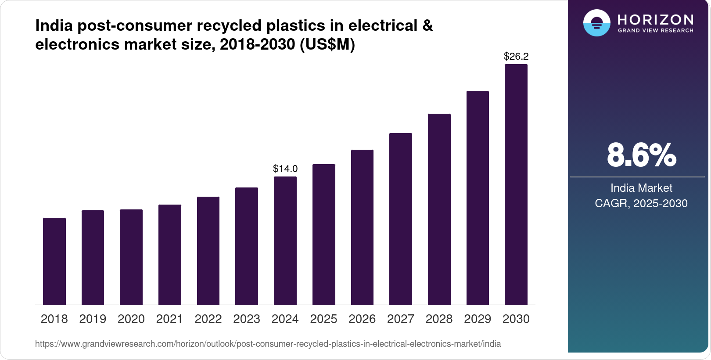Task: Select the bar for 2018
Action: tap(54, 261)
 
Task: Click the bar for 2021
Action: tap(170, 255)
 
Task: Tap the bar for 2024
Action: tap(285, 241)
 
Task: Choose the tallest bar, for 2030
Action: tap(516, 184)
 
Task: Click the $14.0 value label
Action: tap(285, 169)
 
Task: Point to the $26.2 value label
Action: tap(516, 56)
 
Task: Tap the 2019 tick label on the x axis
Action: tap(93, 319)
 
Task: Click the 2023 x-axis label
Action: tap(247, 319)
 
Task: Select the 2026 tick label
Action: tap(362, 319)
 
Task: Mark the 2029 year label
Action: tap(478, 319)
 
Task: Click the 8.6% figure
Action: tap(641, 155)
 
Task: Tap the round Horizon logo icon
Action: tap(596, 23)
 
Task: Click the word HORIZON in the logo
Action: tap(656, 19)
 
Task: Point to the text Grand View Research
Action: tap(656, 31)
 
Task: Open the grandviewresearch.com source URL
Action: tap(268, 344)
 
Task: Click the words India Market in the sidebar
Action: tap(641, 188)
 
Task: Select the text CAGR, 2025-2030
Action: tap(641, 203)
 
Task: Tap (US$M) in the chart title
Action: tap(327, 44)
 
